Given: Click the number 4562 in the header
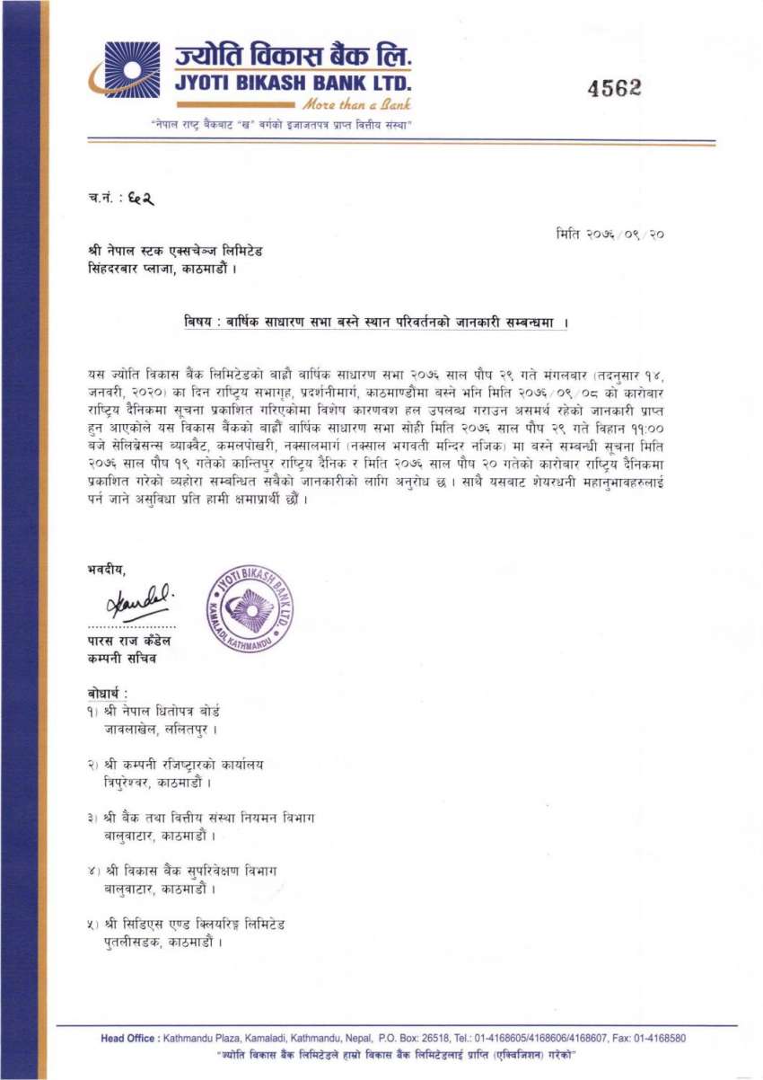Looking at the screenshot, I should tap(615, 87).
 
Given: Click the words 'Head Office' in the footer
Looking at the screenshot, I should tap(128, 1039).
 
